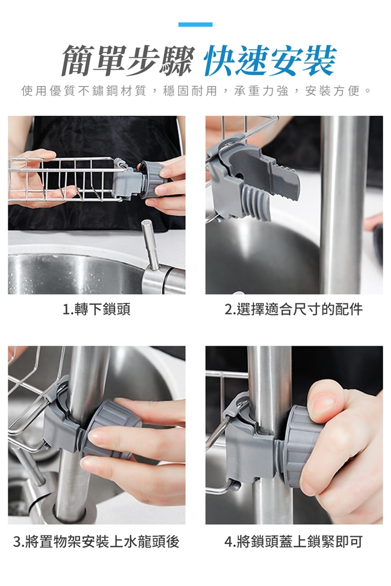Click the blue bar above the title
[195, 25]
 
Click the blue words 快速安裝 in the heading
[270, 61]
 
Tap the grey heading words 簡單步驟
[128, 61]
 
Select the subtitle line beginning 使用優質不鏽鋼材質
[195, 91]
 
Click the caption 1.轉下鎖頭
[96, 310]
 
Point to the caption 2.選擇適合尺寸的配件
[294, 310]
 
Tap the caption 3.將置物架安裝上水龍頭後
[96, 542]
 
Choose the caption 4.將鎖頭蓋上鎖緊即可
[294, 542]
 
